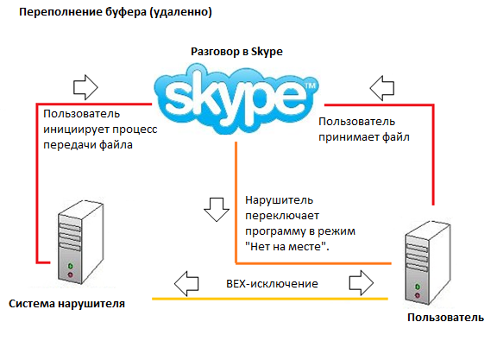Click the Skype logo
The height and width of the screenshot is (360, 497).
pyautogui.click(x=236, y=99)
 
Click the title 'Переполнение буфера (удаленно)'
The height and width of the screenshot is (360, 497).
pyautogui.click(x=116, y=12)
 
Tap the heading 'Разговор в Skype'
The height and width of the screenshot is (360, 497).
pyautogui.click(x=236, y=52)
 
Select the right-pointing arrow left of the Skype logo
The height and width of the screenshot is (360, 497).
pyautogui.click(x=85, y=87)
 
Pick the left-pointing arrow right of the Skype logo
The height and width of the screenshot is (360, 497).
pyautogui.click(x=382, y=88)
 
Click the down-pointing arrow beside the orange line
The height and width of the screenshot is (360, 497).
pyautogui.click(x=217, y=209)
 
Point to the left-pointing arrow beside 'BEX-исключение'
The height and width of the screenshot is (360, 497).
pyautogui.click(x=186, y=283)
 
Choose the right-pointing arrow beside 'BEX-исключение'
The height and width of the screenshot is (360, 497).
pyautogui.click(x=362, y=282)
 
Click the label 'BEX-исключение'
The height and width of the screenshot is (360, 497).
pyautogui.click(x=272, y=283)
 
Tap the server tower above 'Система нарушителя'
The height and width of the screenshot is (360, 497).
pyautogui.click(x=80, y=242)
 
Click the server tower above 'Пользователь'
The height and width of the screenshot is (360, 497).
pyautogui.click(x=428, y=262)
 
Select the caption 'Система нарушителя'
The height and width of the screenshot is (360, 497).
pyautogui.click(x=66, y=304)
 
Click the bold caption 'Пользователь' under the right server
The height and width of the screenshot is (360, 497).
pyautogui.click(x=445, y=318)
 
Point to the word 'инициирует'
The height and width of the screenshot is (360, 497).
pyautogui.click(x=76, y=129)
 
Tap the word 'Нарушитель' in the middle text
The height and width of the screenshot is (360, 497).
pyautogui.click(x=279, y=200)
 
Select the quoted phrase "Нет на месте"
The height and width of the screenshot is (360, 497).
pyautogui.click(x=286, y=246)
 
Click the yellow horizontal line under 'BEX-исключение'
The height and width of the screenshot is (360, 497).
pyautogui.click(x=270, y=299)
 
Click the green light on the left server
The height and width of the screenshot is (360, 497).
pyautogui.click(x=71, y=266)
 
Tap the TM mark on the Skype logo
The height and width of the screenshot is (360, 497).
pyautogui.click(x=311, y=85)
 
